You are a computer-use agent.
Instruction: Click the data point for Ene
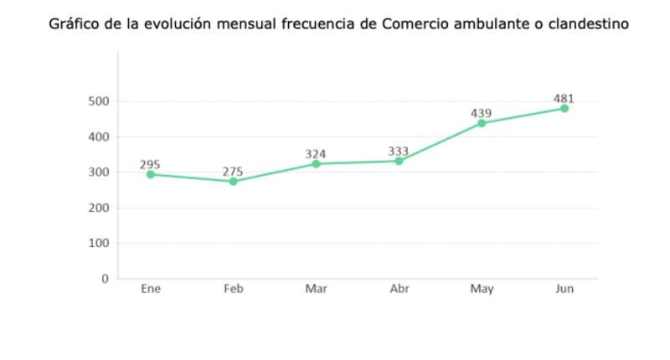(x=151, y=174)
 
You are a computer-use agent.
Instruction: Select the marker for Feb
(x=234, y=181)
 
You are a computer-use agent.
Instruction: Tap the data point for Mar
(x=316, y=164)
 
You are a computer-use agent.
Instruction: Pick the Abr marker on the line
(x=399, y=161)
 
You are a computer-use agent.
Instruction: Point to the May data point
(x=482, y=123)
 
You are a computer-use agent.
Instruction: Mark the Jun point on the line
(x=564, y=108)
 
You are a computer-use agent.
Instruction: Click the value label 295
(x=151, y=164)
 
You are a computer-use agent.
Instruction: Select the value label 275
(x=233, y=171)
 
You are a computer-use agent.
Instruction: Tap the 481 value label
(x=564, y=98)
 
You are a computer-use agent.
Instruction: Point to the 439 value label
(x=481, y=113)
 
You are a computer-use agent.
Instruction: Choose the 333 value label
(x=399, y=151)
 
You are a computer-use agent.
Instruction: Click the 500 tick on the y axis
(x=99, y=101)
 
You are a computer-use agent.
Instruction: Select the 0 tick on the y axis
(x=106, y=279)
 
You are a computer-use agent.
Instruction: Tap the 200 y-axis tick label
(x=99, y=208)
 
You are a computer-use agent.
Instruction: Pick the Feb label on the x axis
(x=234, y=290)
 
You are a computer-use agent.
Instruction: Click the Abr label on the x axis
(x=399, y=290)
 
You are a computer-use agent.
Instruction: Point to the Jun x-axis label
(x=564, y=290)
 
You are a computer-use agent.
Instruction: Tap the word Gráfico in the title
(x=72, y=24)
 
